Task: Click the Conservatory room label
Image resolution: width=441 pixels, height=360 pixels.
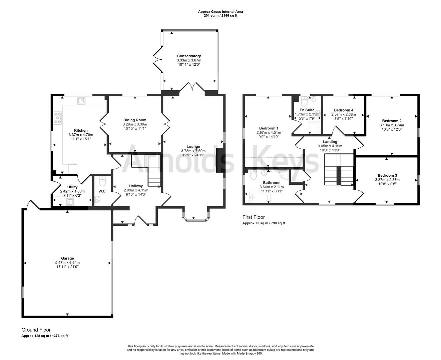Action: point(189,56)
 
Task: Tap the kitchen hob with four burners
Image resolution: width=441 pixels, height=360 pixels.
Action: point(58,118)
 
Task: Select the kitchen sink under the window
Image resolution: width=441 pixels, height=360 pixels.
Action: point(81,100)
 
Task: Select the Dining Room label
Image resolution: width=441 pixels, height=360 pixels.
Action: point(135,120)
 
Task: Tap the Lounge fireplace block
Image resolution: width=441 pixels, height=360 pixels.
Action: point(220,160)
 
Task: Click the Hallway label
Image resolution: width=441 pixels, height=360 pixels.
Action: point(136,186)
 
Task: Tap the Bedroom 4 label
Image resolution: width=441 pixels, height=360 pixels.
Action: point(343,110)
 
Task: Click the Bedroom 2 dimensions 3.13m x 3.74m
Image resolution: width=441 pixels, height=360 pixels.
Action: point(392,125)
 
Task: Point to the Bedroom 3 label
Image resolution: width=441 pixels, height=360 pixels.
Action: point(387,175)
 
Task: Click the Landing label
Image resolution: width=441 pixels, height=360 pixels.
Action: point(330,142)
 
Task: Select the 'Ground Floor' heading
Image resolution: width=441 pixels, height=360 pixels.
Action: point(36,330)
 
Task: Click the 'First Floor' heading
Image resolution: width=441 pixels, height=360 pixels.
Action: point(254,217)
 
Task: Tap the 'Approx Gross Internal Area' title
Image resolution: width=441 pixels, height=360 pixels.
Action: point(220,12)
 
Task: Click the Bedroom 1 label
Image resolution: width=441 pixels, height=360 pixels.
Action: point(269,128)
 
